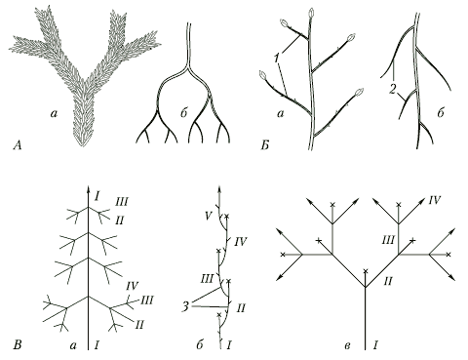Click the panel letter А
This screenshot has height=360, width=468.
pyautogui.click(x=18, y=145)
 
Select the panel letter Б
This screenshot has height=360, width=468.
pyautogui.click(x=264, y=145)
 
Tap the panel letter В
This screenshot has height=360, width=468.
pyautogui.click(x=18, y=344)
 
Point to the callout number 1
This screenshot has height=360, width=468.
pyautogui.click(x=277, y=59)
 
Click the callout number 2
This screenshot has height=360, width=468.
pyautogui.click(x=393, y=90)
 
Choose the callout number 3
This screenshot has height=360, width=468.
pyautogui.click(x=185, y=306)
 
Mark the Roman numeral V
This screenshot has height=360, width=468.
pyautogui.click(x=209, y=216)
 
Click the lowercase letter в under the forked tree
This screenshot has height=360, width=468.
pyautogui.click(x=347, y=345)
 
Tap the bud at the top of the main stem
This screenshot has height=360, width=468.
pyautogui.click(x=311, y=13)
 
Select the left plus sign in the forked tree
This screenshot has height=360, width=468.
pyautogui.click(x=319, y=241)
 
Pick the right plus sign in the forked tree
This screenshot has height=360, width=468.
pyautogui.click(x=412, y=241)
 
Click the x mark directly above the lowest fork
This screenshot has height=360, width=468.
pyautogui.click(x=366, y=270)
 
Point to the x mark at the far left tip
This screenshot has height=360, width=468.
pyautogui.click(x=283, y=255)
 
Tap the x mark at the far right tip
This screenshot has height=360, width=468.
pyautogui.click(x=448, y=255)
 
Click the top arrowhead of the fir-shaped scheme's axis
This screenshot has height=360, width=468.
pyautogui.click(x=88, y=188)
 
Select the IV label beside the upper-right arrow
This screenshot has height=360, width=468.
pyautogui.click(x=434, y=200)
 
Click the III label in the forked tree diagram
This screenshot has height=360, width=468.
pyautogui.click(x=388, y=241)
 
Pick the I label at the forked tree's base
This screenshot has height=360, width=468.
pyautogui.click(x=375, y=344)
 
